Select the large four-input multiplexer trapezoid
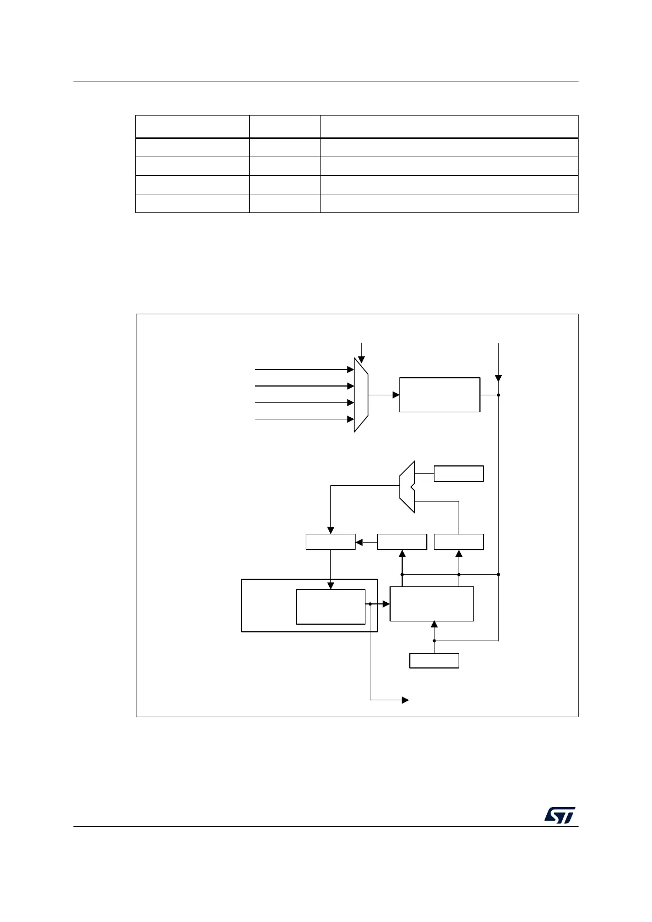pos(361,395)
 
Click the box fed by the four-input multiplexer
pos(439,395)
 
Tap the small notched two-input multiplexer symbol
pos(407,487)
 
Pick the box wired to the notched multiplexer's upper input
pos(459,474)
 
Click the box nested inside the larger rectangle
pos(330,607)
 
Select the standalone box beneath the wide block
pos(434,661)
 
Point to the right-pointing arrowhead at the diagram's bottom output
pos(406,700)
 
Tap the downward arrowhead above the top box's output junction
pos(498,378)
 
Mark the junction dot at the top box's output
pos(498,395)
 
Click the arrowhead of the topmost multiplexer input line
pos(351,370)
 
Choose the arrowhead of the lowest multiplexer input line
pos(351,419)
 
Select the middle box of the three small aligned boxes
pos(402,542)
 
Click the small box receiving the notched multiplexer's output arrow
pos(330,542)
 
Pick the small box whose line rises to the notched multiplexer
pos(459,542)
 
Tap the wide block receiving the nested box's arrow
pos(432,604)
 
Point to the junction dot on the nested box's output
pos(370,604)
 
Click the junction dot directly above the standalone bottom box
pos(434,641)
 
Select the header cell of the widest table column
pos(449,126)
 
